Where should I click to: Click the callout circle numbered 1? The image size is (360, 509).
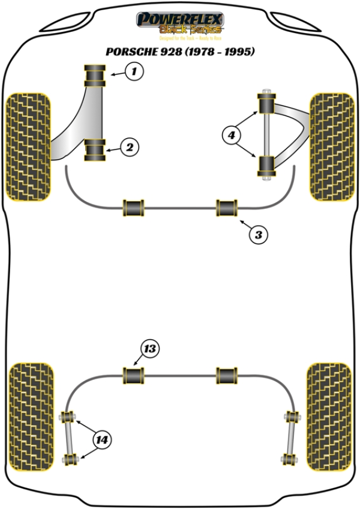pyautogui.click(x=134, y=73)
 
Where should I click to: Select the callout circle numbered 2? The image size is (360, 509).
pyautogui.click(x=129, y=146)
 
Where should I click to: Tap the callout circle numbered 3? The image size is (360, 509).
pyautogui.click(x=258, y=235)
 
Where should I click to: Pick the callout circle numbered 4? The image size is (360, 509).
pyautogui.click(x=230, y=136)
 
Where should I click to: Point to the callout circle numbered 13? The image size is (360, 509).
pyautogui.click(x=150, y=349)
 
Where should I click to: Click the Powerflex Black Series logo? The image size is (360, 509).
pyautogui.click(x=180, y=24)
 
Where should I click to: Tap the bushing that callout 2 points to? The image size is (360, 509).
pyautogui.click(x=95, y=149)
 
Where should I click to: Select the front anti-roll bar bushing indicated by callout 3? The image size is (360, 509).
pyautogui.click(x=228, y=208)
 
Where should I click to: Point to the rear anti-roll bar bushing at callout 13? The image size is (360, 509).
pyautogui.click(x=134, y=376)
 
